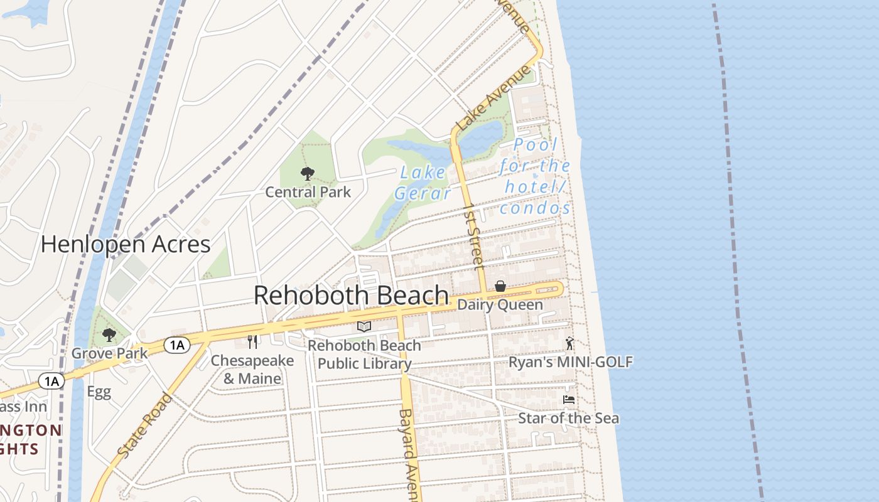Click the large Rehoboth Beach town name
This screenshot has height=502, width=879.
coord(351,296)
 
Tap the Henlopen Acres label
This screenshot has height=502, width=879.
coord(126,244)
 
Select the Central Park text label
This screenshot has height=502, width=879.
coord(308,192)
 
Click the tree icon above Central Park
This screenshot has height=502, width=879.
coord(307,174)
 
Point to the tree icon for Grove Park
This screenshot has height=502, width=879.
coord(109,335)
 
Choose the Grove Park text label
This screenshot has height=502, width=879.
coord(109,353)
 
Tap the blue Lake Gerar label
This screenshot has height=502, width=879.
coord(423,183)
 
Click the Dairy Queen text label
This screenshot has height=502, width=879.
coord(500,305)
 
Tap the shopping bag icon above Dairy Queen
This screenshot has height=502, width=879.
coord(500,287)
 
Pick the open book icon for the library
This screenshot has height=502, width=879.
coord(364,326)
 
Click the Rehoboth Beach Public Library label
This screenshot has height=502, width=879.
coord(364,355)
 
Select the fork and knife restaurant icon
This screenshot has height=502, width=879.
coord(252,342)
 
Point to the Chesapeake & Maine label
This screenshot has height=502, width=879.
coord(252,370)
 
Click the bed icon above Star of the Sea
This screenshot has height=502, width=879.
coord(569,400)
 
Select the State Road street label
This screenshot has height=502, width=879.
coord(144,426)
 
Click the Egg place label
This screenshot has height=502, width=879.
coord(99,392)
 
